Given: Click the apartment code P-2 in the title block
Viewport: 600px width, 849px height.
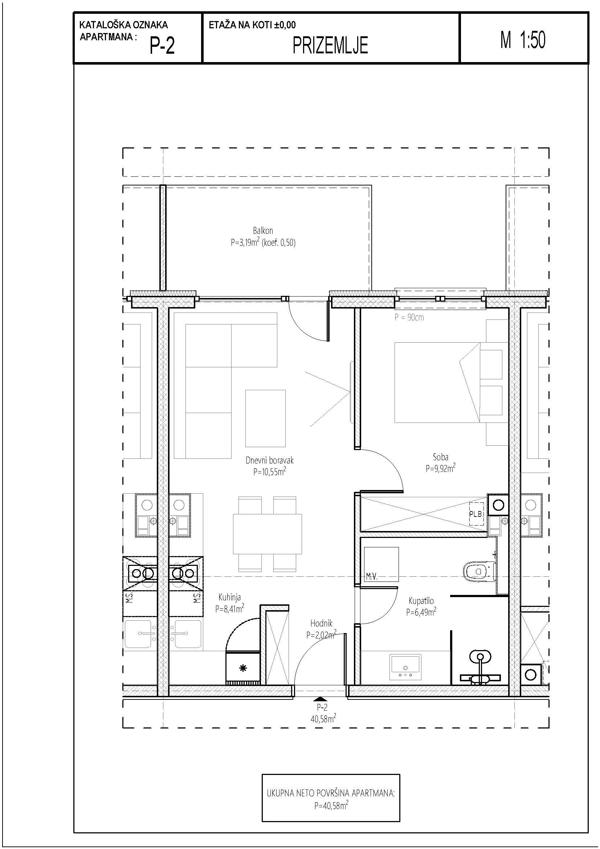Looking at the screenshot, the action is pos(162,46).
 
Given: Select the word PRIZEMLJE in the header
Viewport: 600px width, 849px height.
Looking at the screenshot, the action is pos(330,46).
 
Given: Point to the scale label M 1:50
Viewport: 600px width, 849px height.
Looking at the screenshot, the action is pos(523,40).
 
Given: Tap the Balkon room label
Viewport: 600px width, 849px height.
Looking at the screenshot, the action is pos(263,230).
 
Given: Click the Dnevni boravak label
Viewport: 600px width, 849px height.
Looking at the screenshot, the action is pos(269,460).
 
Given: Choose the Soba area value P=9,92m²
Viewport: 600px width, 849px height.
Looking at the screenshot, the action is pos(440,469).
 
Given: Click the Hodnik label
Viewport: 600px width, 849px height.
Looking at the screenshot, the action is pos(321,624).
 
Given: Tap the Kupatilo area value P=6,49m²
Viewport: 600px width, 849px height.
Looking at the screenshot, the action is pos(421,612).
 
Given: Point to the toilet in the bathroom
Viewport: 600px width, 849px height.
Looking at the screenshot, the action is pos(479,572).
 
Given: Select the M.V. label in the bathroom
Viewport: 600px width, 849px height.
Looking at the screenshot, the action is pos(372,576).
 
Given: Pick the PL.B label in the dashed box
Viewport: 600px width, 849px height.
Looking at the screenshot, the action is pos(475,514).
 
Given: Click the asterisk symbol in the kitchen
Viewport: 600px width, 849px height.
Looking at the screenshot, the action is pos(243,668).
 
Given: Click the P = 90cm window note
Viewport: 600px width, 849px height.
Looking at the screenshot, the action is pos(409,317).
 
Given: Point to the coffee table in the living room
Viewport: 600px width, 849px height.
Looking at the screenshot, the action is pos(265,418).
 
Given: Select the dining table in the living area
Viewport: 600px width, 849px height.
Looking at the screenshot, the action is pos(267,534).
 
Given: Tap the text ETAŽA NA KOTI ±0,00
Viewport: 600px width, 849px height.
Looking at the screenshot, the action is pos(252,25).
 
